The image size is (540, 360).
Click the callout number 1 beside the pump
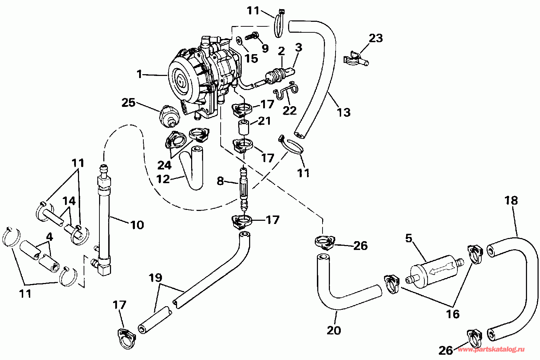[139, 74]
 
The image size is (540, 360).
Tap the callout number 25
[129, 103]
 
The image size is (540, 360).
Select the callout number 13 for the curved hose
[344, 112]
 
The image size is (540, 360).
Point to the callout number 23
[376, 38]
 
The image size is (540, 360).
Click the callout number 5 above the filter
[409, 238]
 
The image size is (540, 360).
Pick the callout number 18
[511, 200]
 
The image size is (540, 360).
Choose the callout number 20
[334, 330]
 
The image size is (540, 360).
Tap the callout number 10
[137, 225]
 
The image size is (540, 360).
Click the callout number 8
[220, 181]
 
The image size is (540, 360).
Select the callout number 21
[264, 121]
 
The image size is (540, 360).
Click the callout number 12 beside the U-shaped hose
[163, 179]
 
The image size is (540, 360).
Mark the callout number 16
[453, 314]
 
